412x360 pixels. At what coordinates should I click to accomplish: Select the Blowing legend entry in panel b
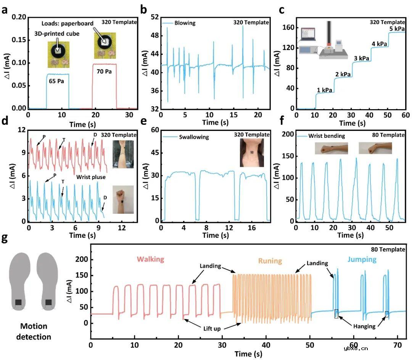185,23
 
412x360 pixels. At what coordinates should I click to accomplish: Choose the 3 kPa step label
360,58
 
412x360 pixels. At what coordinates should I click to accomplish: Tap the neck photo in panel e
252,153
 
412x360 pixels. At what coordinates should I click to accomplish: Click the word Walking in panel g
150,259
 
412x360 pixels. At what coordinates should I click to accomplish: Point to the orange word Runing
270,261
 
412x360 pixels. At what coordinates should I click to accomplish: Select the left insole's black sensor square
18,303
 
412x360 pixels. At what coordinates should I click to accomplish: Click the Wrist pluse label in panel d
90,177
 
